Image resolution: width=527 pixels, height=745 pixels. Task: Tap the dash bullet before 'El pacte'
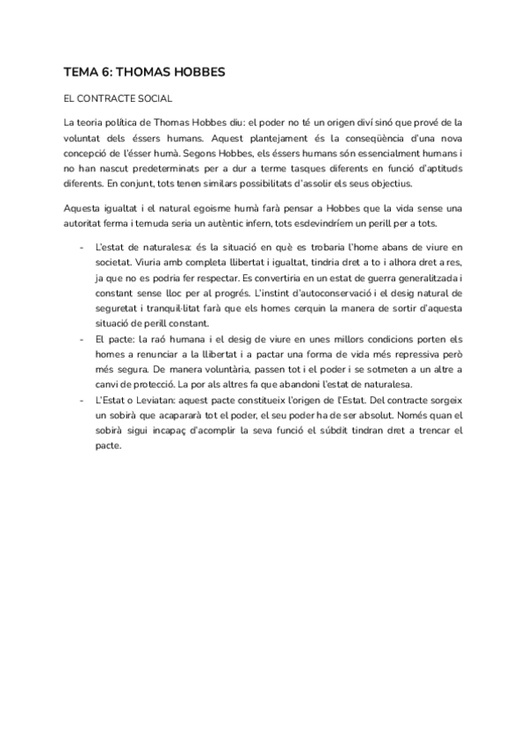click(x=81, y=338)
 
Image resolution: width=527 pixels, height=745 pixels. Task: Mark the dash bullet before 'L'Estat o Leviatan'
click(x=81, y=400)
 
